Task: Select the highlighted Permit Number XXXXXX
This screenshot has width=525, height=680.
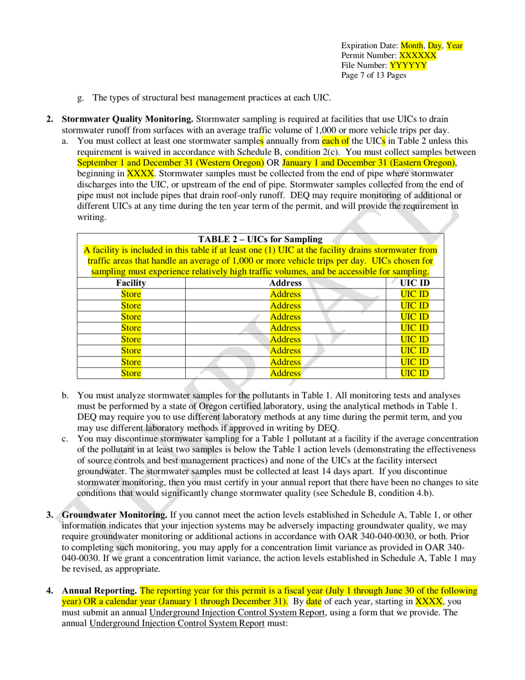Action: point(417,56)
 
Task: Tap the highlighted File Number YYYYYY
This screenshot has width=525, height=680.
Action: point(408,66)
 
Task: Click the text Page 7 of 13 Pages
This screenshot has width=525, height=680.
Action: point(374,76)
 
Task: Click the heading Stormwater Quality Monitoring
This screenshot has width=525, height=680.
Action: point(127,119)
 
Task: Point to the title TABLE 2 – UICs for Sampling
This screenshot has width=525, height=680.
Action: point(260,239)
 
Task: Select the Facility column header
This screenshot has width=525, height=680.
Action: point(131,283)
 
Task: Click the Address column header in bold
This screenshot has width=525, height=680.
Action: point(285,283)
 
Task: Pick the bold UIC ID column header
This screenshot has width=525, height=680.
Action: point(414,283)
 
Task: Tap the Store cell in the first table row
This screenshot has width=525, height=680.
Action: point(131,294)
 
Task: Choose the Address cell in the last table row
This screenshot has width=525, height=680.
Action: point(285,373)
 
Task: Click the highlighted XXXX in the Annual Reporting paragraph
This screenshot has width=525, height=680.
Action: point(429,601)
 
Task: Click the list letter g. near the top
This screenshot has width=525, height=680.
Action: point(81,98)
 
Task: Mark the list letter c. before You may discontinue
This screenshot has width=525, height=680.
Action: point(65,440)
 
